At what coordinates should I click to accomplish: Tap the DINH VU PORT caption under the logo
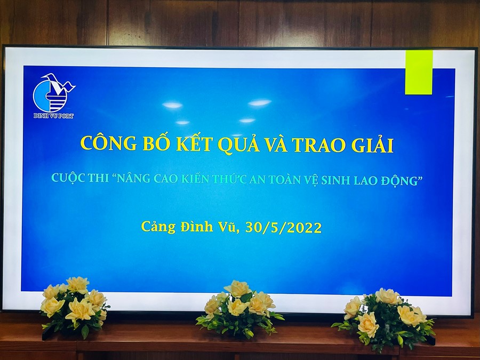(53, 116)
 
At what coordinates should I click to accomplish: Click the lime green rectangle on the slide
(419, 72)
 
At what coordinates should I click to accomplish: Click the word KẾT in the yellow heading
(194, 143)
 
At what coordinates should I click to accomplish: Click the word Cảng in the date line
(158, 227)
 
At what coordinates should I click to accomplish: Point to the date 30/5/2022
(284, 228)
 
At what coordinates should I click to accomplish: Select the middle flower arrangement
(239, 309)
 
